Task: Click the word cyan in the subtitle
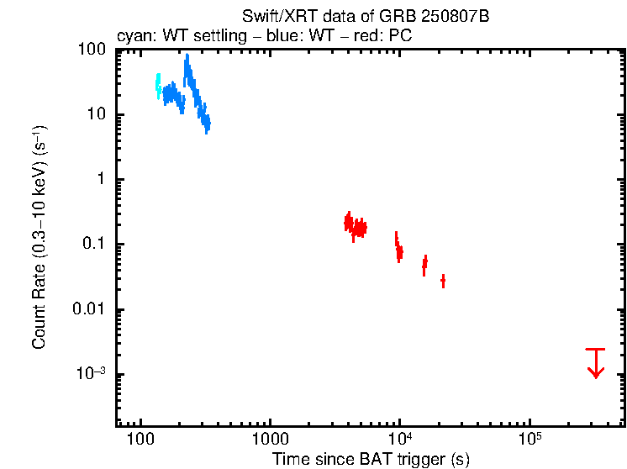tap(130, 37)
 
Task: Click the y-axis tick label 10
tap(97, 115)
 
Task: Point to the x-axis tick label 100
tap(140, 440)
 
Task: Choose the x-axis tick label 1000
tap(270, 440)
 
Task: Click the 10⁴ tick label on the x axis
tap(400, 439)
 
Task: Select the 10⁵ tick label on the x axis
tap(530, 439)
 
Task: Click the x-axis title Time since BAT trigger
tap(371, 459)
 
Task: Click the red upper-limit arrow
tap(595, 362)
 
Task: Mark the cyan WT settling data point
tap(158, 85)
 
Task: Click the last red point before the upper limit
tap(443, 280)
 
